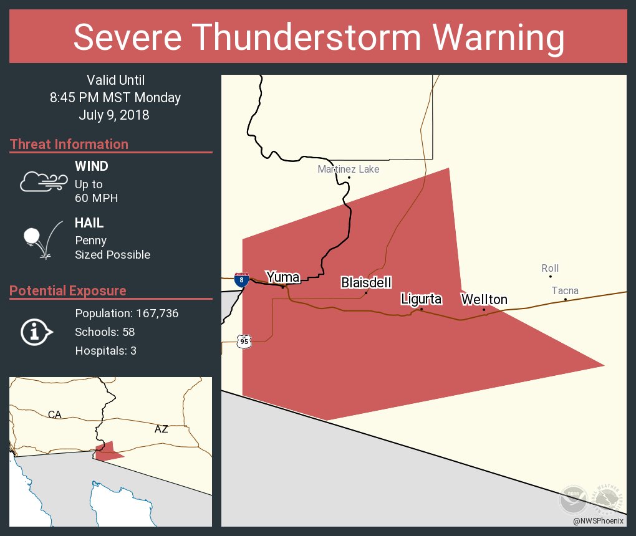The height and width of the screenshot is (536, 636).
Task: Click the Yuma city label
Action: (x=283, y=277)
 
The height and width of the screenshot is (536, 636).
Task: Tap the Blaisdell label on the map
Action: (x=366, y=283)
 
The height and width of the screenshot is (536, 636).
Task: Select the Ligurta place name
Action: (x=421, y=299)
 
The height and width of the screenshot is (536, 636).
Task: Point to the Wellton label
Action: (x=484, y=300)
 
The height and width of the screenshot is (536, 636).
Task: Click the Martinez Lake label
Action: (x=348, y=169)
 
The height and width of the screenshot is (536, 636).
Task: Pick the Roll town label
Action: (x=550, y=269)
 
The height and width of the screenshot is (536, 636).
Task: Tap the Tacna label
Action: (x=565, y=290)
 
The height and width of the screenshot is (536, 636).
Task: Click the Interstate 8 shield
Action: (x=241, y=279)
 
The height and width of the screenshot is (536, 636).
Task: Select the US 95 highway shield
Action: (x=244, y=341)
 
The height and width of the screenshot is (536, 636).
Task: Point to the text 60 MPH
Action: (x=96, y=198)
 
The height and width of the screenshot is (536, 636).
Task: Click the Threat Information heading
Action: (x=69, y=145)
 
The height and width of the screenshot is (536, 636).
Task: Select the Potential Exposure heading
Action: (x=68, y=291)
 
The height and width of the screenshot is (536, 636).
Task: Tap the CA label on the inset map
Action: (x=55, y=414)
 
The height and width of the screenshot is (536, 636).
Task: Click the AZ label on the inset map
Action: (x=161, y=429)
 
